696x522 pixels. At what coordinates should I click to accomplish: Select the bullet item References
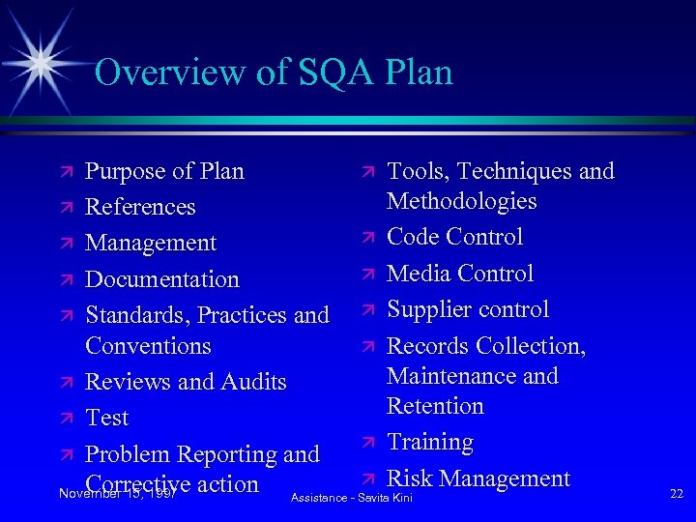click(x=140, y=207)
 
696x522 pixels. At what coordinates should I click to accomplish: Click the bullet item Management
click(x=151, y=243)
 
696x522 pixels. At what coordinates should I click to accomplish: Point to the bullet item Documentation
click(x=161, y=279)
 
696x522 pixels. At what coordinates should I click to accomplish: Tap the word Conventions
click(x=148, y=345)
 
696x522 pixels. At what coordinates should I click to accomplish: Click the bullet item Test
click(x=106, y=418)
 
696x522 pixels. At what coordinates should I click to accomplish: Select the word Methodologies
click(x=461, y=201)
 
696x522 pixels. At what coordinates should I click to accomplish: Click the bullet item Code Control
click(x=454, y=237)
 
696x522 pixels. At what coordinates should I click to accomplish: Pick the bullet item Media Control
click(x=460, y=274)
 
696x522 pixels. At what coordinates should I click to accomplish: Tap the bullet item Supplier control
click(x=468, y=309)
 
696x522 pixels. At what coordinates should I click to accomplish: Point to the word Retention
click(x=435, y=406)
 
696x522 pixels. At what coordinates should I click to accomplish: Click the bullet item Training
click(x=430, y=442)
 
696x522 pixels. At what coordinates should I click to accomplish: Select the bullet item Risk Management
click(x=478, y=478)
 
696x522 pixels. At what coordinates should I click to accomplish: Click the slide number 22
click(x=676, y=494)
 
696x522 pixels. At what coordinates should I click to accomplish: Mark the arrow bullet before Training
click(x=367, y=443)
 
